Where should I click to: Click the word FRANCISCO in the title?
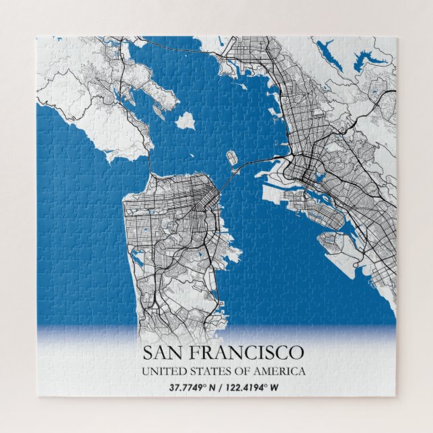pyautogui.click(x=250, y=352)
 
